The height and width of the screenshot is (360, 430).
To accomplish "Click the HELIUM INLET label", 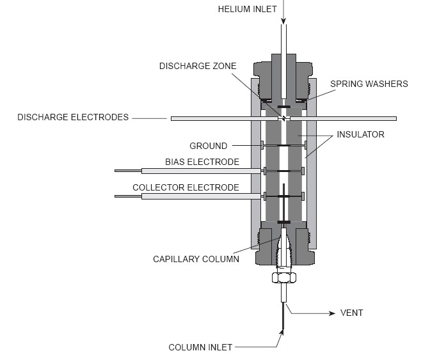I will coord(248,8).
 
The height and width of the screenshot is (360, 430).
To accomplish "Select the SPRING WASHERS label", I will coord(361,84).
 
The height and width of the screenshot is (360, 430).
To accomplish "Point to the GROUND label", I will coord(208,146).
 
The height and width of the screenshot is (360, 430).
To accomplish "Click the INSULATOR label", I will coord(361,134).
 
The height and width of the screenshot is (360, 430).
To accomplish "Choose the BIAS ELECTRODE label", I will coord(202,162).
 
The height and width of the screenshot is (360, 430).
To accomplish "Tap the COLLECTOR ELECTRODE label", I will coord(186,187).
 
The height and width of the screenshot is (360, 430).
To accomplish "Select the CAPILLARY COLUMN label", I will coord(196,259).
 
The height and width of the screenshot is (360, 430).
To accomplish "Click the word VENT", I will coord(351,313).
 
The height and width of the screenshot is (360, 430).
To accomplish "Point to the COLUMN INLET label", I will coord(200,347).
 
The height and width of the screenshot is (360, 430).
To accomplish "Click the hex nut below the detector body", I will coord(282,278).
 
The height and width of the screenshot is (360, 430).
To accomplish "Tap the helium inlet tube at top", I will coord(282,38).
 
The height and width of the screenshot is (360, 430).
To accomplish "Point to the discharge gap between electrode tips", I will coord(282,118).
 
